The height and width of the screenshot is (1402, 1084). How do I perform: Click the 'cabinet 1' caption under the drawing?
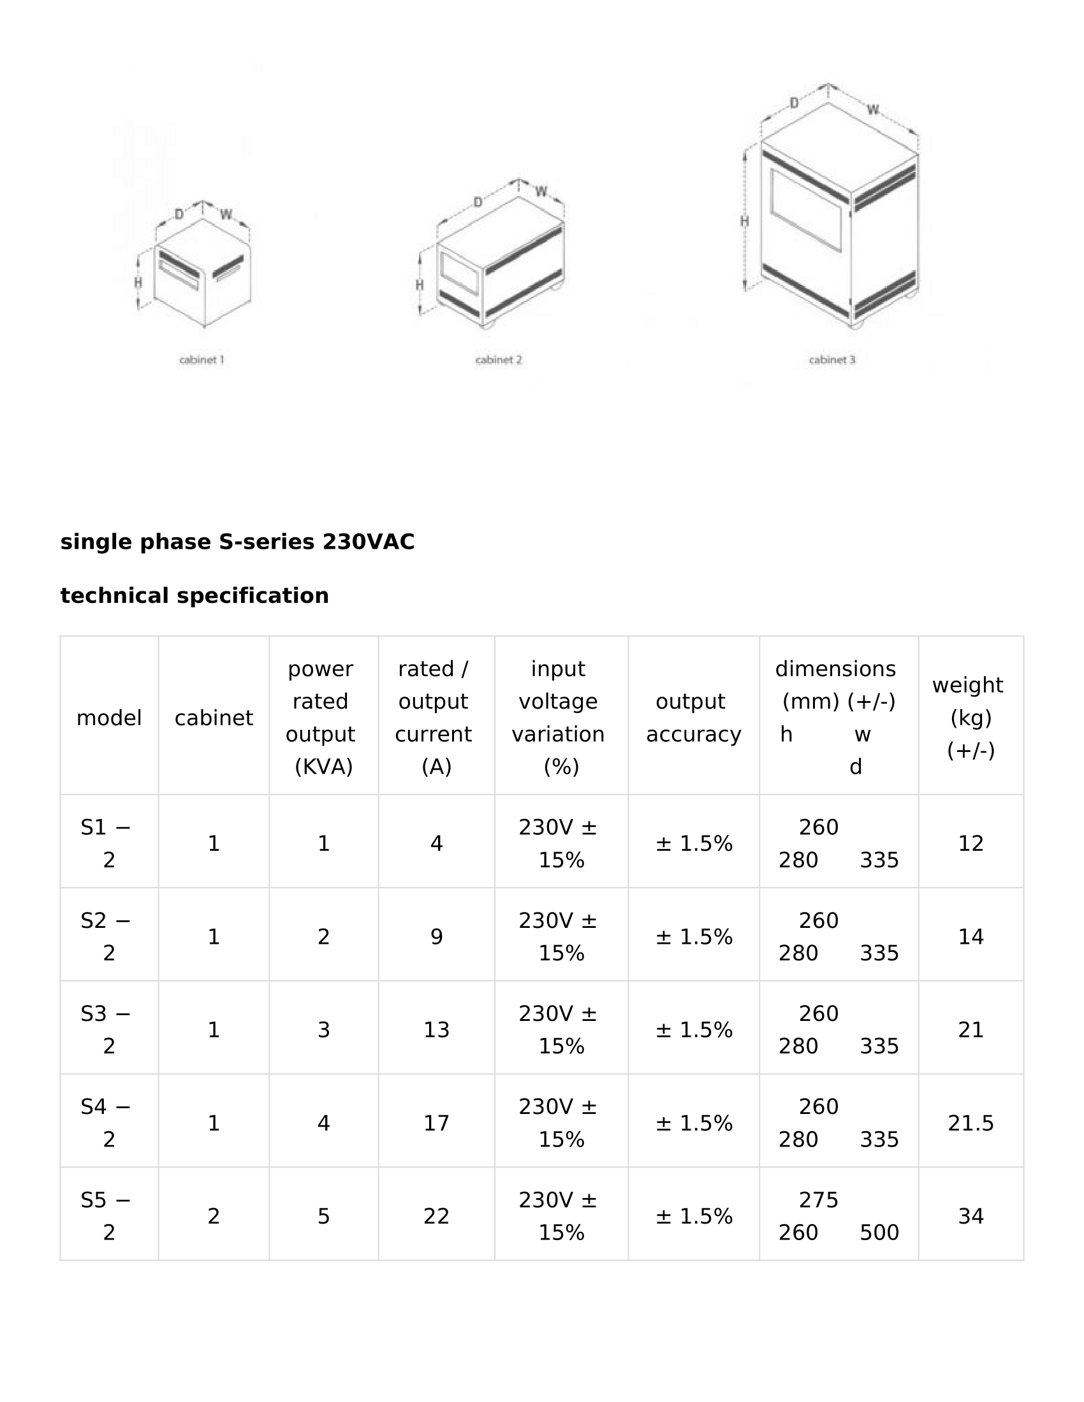201,360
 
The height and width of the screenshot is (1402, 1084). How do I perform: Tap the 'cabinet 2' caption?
499,360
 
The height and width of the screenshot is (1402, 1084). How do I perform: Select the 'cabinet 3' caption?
832,360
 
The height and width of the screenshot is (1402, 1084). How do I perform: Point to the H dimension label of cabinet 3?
745,222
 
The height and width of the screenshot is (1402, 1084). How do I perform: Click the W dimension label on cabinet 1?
226,214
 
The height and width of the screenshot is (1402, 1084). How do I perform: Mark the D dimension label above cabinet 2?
478,203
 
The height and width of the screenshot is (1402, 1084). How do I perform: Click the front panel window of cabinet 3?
807,209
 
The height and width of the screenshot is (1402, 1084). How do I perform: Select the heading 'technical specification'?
194,596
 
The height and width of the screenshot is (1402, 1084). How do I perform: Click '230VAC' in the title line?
369,542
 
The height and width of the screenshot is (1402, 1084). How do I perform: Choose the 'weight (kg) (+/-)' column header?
970,717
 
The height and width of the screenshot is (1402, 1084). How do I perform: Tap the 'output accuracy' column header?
694,718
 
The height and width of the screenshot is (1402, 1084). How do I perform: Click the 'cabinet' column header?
214,718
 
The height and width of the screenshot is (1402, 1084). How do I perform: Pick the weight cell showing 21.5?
970,1123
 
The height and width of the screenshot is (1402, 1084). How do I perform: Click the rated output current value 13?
437,1030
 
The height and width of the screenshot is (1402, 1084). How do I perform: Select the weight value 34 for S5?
970,1216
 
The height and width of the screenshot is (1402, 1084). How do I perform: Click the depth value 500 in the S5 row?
879,1232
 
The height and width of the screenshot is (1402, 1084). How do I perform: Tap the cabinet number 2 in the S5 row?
214,1216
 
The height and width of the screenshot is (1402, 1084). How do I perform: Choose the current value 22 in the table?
437,1216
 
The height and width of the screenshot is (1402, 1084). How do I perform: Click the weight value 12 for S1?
970,843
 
